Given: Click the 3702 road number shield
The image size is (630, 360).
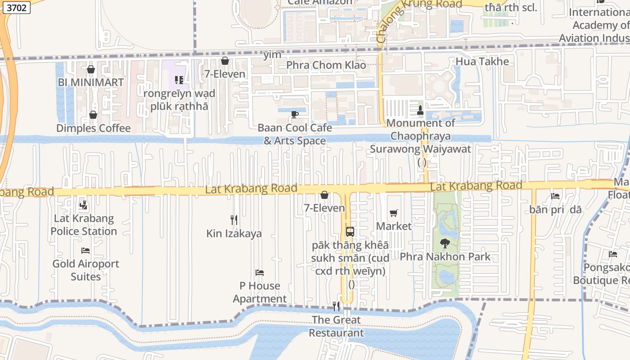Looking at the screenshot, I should tap(16, 7).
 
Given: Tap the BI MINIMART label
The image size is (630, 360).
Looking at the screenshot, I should tap(91, 83).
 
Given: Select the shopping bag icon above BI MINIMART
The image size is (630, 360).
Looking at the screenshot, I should tap(91, 69).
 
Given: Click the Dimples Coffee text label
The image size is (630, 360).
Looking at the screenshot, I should tap(94, 128).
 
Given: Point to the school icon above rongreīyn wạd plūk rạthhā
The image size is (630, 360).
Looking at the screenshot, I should tap(179, 80).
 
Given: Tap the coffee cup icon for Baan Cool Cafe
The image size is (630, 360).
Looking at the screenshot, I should tap(295, 114).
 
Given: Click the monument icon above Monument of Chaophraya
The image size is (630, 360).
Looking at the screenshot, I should tap(420, 110).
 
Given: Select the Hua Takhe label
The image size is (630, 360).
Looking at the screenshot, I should tap(482, 62).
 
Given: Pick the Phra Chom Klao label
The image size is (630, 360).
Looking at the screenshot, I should tap(326, 65).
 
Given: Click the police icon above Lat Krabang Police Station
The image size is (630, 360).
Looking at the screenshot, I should tap(83, 205).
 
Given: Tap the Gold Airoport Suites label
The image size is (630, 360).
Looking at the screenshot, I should tap(85, 270).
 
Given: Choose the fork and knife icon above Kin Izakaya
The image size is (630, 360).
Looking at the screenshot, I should tap(234, 220).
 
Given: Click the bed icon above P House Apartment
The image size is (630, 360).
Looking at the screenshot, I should tap(260, 272).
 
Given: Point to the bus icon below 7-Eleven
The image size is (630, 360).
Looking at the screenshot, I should tap(350, 232).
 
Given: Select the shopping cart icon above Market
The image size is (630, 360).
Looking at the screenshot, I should tap(394, 213).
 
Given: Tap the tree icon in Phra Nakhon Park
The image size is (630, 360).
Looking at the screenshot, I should tap(445, 243).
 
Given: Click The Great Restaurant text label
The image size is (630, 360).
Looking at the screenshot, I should tap(336, 326).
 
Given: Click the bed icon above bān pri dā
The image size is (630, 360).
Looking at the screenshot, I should tap(555, 196).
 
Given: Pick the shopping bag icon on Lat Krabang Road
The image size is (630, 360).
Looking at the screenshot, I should tap(324, 195).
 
